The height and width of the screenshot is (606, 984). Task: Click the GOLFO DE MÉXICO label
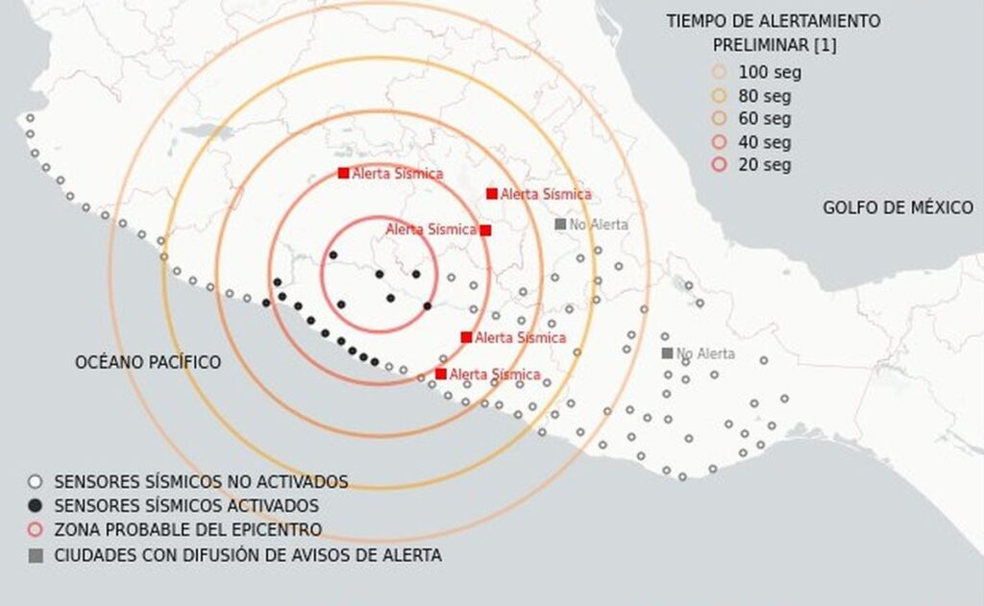click(x=898, y=207)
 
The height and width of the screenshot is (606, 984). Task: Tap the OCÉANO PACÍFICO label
click(x=148, y=362)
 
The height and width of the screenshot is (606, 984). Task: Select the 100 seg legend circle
click(x=720, y=72)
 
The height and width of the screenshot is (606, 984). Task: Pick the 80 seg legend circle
click(x=720, y=96)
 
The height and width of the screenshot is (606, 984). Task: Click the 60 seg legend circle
click(x=720, y=119)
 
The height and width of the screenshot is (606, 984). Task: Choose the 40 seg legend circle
click(x=720, y=142)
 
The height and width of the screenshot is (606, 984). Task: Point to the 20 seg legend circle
click(x=720, y=165)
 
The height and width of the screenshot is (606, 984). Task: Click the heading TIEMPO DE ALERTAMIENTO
click(x=774, y=21)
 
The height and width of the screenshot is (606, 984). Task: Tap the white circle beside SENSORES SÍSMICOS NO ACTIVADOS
click(x=36, y=482)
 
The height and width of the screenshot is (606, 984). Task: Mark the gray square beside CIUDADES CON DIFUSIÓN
click(x=36, y=555)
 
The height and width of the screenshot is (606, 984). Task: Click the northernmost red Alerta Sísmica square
click(x=343, y=173)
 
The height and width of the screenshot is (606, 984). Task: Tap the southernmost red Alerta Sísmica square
click(x=441, y=374)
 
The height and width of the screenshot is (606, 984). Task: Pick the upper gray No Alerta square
click(x=560, y=224)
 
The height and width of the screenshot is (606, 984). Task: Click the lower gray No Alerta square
click(x=667, y=353)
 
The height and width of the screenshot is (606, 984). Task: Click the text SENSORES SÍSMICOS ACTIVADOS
click(x=186, y=506)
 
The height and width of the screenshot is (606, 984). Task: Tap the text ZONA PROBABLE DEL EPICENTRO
click(x=187, y=530)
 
